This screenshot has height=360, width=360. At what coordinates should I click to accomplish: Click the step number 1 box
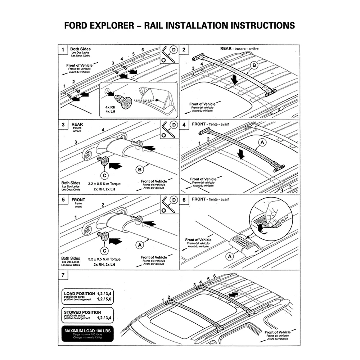click(x=63, y=50)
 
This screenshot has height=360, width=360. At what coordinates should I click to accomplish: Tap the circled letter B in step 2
click(x=254, y=65)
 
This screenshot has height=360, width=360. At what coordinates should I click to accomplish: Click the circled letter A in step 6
click(x=228, y=256)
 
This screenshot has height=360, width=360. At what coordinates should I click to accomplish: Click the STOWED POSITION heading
click(x=82, y=312)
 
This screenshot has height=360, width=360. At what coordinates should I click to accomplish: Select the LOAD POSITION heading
click(x=80, y=293)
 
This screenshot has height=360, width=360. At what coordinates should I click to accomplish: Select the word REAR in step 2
click(x=226, y=48)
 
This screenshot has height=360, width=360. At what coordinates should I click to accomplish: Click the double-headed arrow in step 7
click(x=233, y=294)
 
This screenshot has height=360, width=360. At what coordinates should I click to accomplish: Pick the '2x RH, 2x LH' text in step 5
click(x=104, y=265)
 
